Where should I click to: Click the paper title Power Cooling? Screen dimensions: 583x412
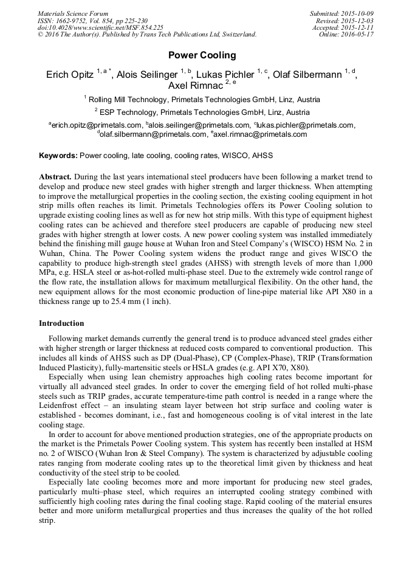[x=202, y=55]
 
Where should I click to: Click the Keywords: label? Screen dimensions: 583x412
[x=58, y=156]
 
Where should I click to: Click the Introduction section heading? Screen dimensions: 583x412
[x=61, y=323]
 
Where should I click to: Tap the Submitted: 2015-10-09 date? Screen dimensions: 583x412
[x=342, y=13]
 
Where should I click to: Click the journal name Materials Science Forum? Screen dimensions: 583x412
[x=73, y=13]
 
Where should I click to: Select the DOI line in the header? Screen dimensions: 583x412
[x=100, y=27]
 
